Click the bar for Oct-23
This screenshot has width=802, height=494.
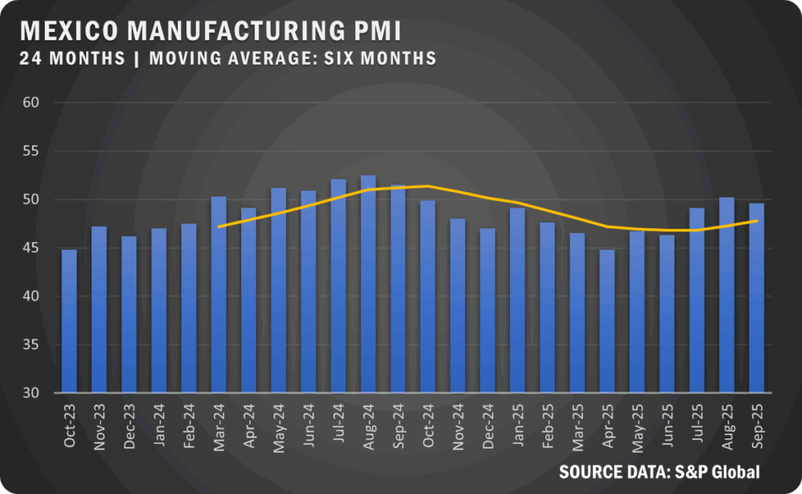tap(69, 321)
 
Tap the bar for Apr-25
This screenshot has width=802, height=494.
tap(607, 321)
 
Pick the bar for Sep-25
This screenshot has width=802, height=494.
tap(757, 298)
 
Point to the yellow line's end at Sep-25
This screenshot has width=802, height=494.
tap(757, 221)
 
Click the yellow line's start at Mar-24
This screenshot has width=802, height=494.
tap(219, 227)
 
